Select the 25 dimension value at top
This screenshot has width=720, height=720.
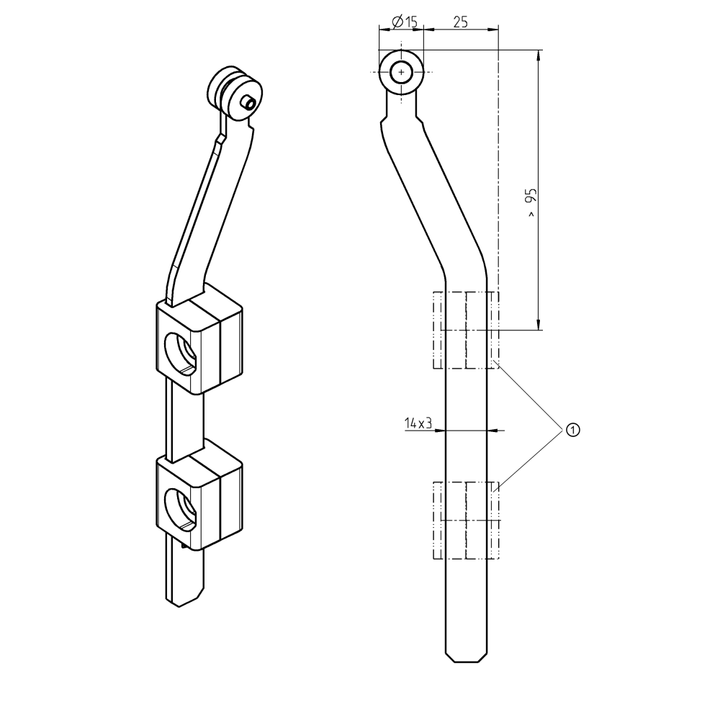coord(460,22)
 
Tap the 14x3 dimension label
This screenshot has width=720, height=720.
coord(418,423)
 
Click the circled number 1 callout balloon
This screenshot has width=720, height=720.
coord(572,430)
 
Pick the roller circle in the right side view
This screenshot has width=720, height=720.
coord(401,72)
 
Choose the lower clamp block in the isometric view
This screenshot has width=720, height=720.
coord(199,497)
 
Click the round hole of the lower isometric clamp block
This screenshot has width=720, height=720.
coord(180,508)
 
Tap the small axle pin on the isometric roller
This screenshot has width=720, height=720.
coord(248,102)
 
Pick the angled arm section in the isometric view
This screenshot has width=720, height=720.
coord(209,209)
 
